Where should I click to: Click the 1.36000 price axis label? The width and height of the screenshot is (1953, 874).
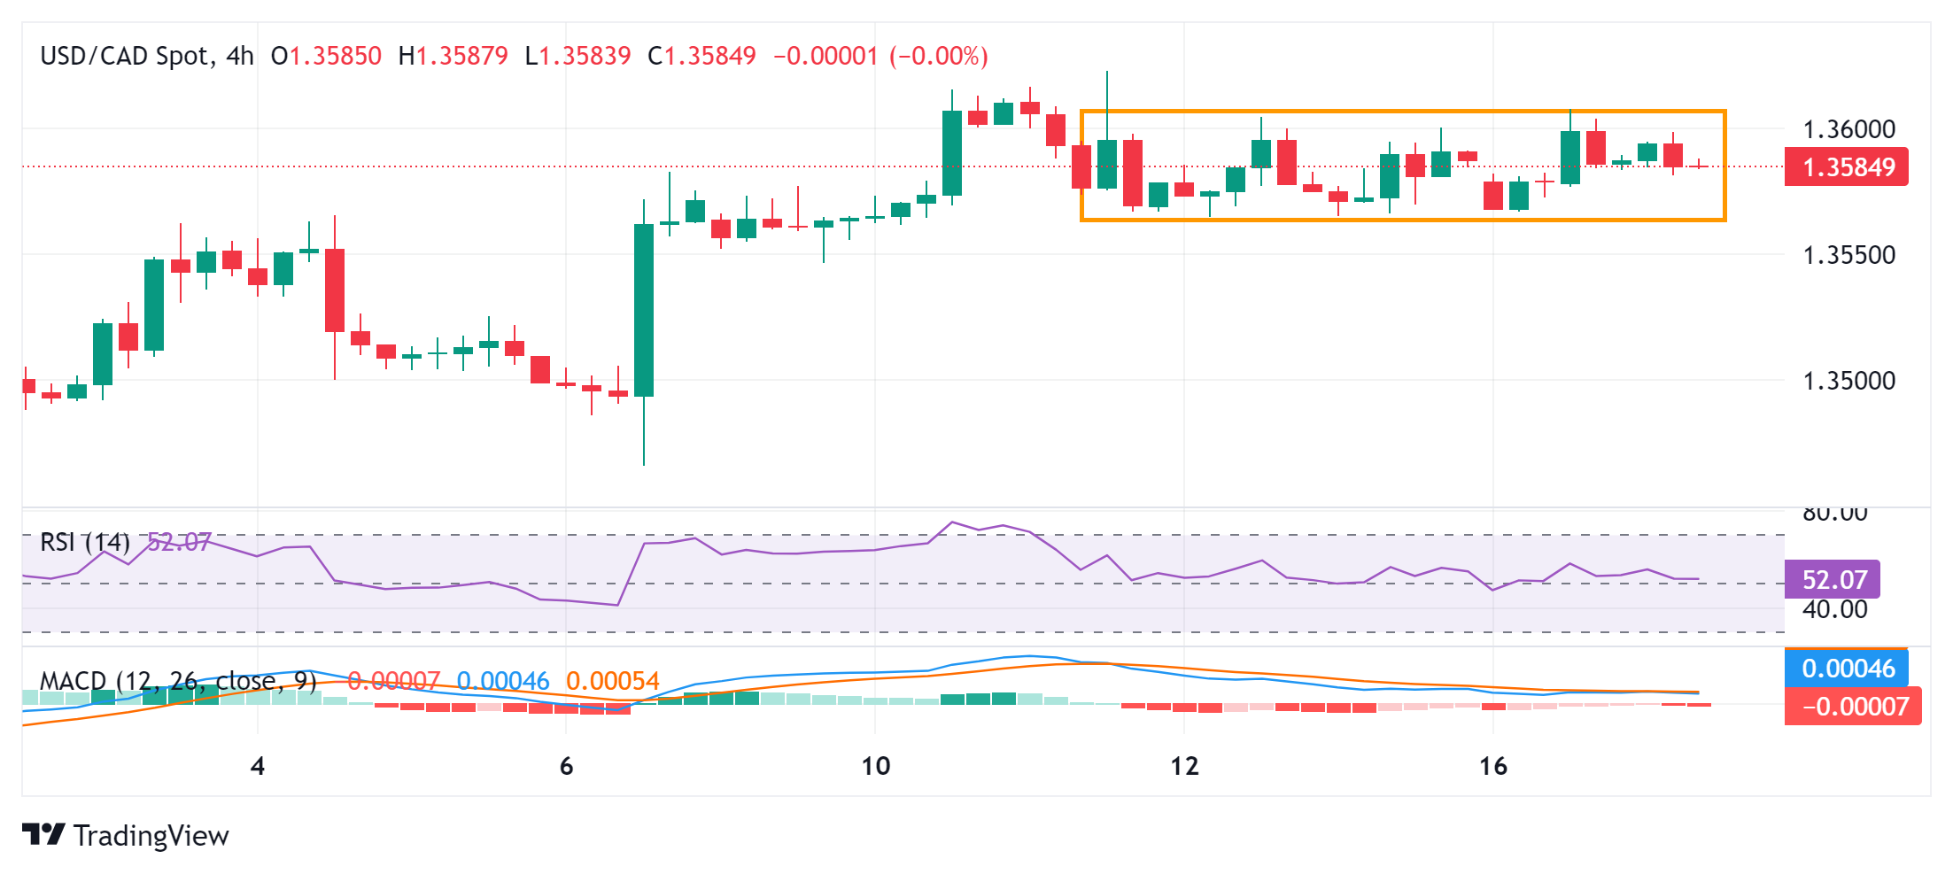click(x=1848, y=129)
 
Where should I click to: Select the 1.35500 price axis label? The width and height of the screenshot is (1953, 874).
click(x=1848, y=255)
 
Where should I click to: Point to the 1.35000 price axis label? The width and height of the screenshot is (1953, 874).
click(x=1848, y=381)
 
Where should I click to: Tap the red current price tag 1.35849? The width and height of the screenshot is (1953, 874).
click(x=1847, y=166)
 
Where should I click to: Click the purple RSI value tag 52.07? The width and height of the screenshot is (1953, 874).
click(x=1833, y=580)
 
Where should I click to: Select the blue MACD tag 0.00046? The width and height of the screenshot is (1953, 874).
click(x=1847, y=668)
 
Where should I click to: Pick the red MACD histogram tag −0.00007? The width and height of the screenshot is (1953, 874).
click(x=1853, y=707)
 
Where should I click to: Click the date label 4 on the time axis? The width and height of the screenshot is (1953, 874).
click(x=258, y=766)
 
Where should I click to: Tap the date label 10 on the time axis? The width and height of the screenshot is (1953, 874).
click(x=875, y=766)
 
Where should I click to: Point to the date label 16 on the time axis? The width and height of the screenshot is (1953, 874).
click(x=1493, y=766)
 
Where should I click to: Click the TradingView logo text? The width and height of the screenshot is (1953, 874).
click(x=151, y=835)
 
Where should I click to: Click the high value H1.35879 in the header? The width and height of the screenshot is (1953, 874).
click(x=453, y=56)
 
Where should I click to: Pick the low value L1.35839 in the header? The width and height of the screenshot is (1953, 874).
click(x=578, y=56)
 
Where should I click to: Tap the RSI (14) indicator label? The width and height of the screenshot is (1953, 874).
click(x=85, y=541)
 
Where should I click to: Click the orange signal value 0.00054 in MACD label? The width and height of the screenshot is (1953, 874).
click(x=613, y=681)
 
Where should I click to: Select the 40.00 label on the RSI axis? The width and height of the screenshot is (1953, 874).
click(x=1834, y=609)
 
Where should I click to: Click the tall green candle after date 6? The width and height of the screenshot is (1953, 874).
click(x=644, y=310)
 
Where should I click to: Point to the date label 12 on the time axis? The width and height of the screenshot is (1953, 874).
click(x=1184, y=766)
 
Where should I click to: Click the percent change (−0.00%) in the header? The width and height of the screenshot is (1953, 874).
click(x=939, y=56)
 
